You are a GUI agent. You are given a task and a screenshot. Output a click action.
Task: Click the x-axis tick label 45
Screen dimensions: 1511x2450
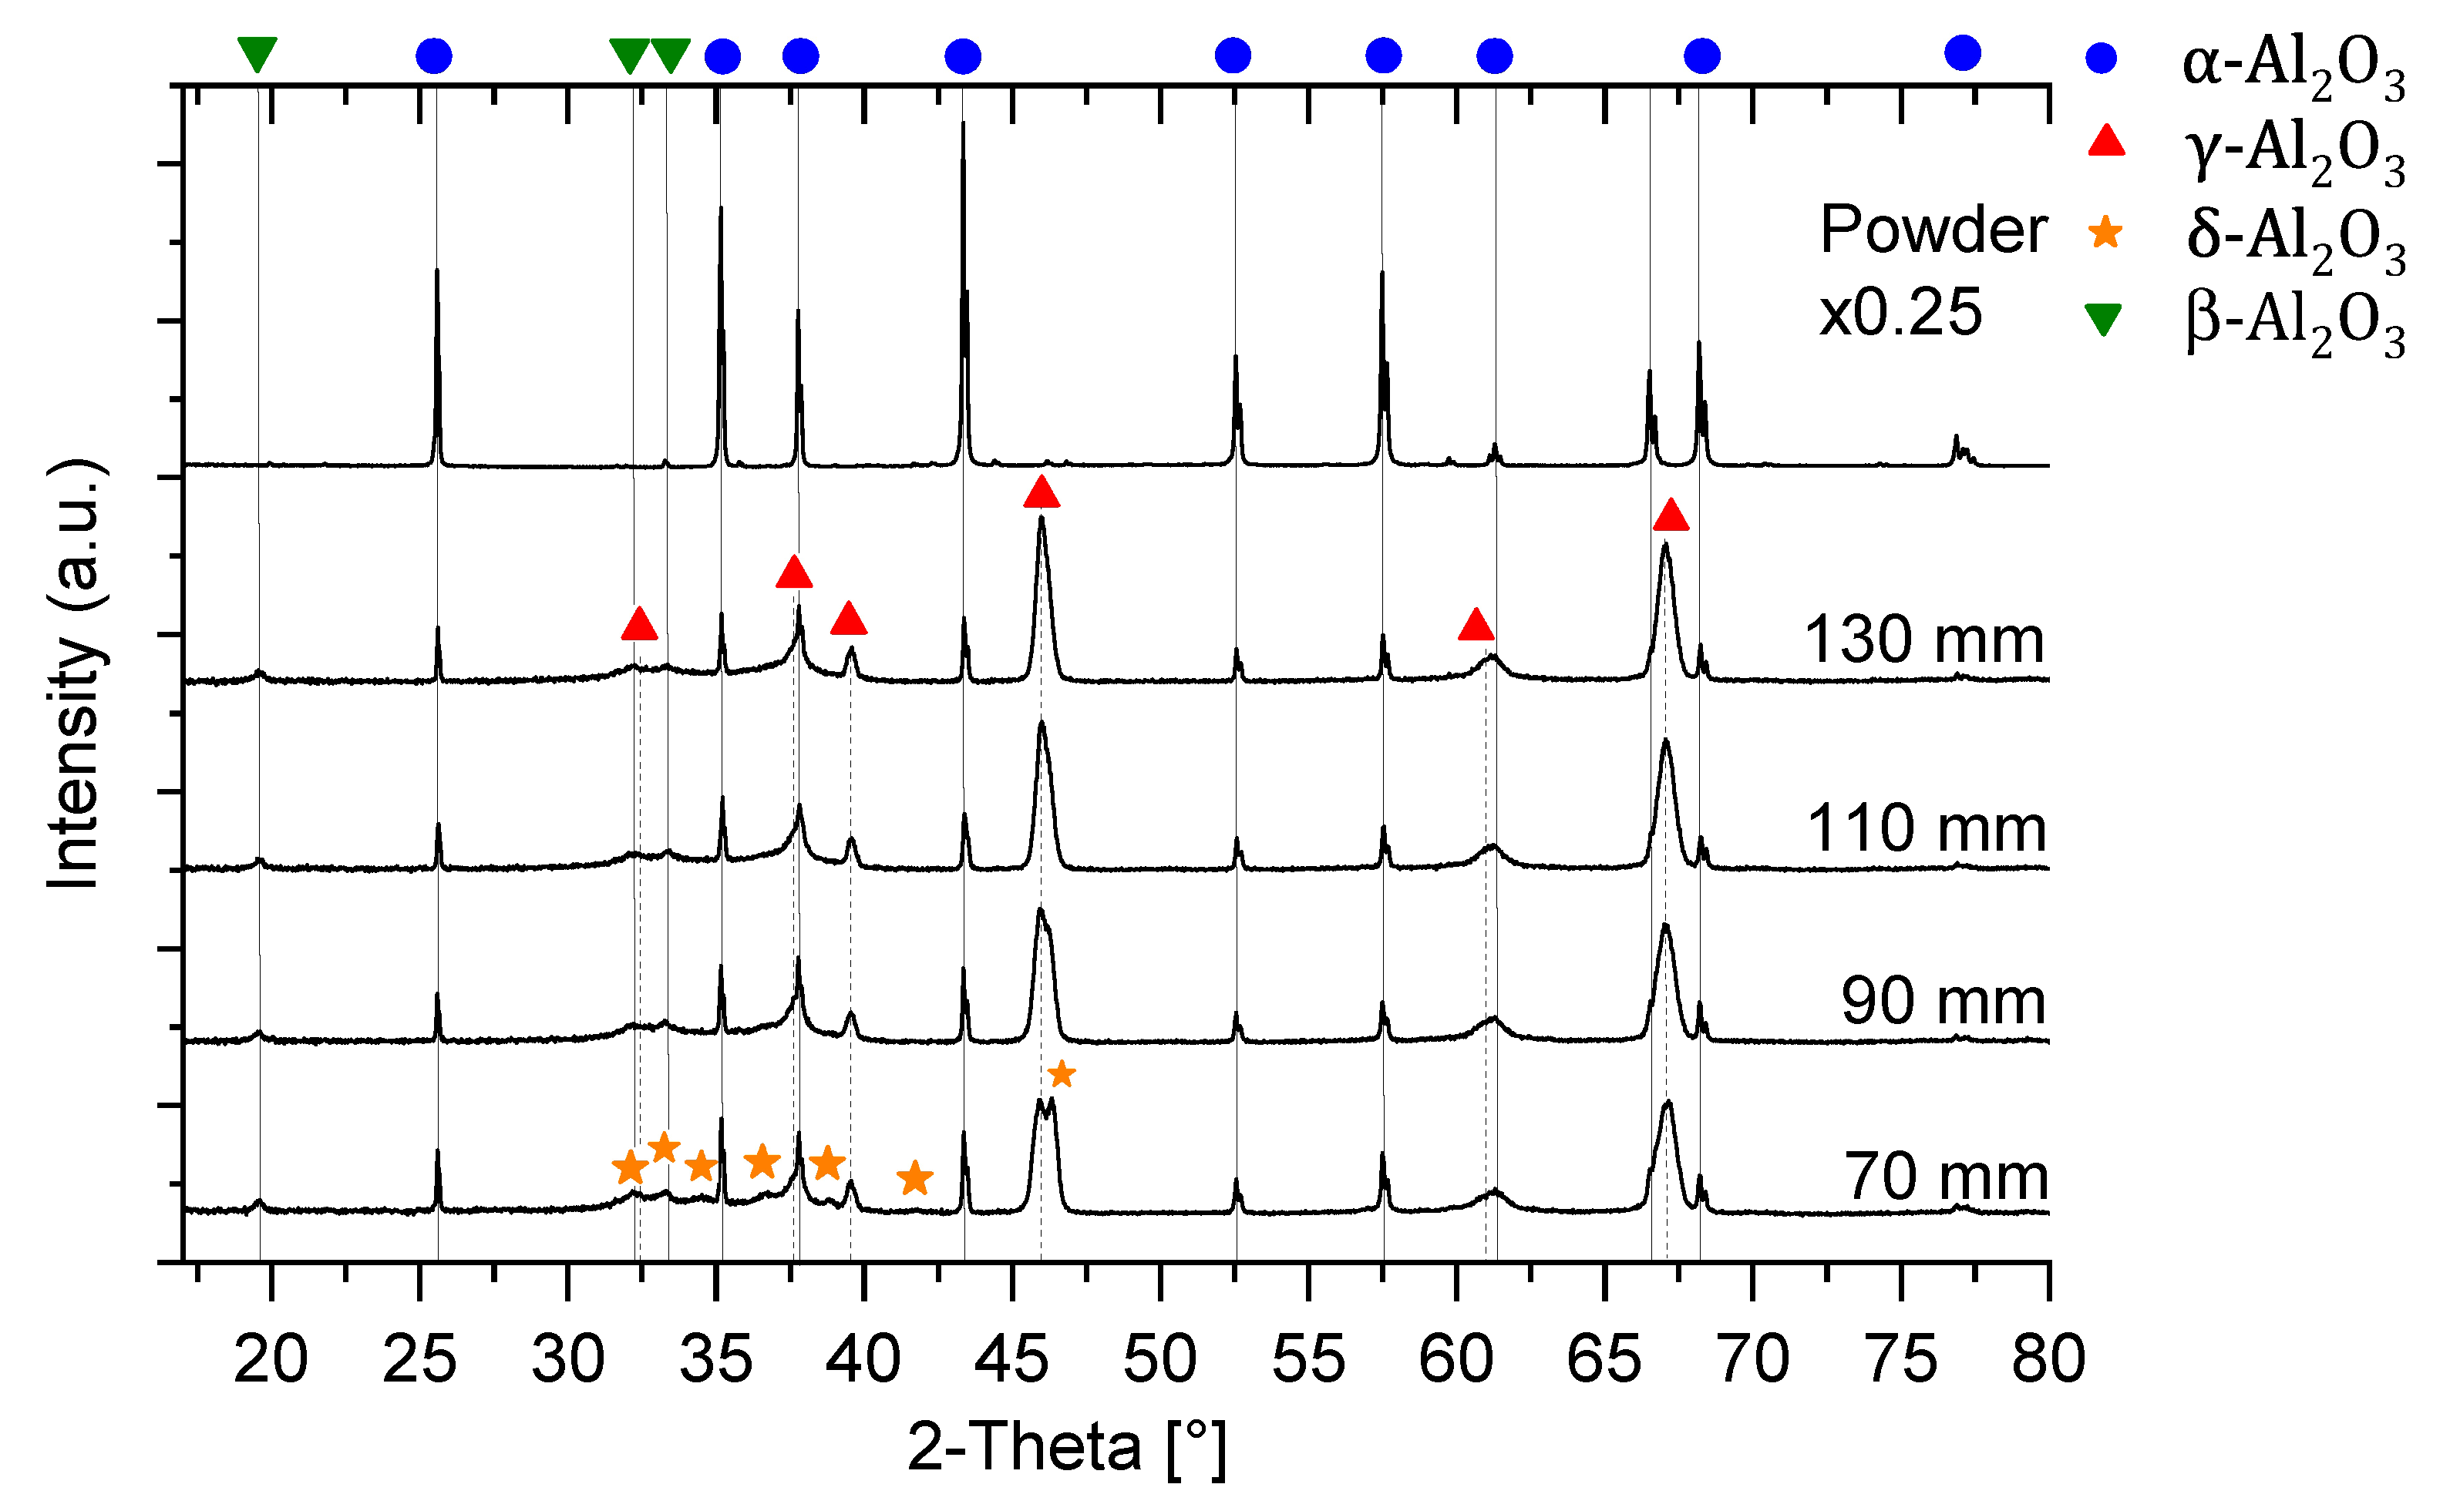pos(1011,1359)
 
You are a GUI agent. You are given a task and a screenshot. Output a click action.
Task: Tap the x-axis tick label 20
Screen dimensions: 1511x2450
pos(271,1359)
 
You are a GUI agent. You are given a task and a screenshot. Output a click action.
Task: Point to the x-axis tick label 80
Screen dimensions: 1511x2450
pos(2048,1359)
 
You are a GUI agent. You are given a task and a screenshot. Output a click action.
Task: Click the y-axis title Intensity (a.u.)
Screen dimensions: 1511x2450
pos(74,673)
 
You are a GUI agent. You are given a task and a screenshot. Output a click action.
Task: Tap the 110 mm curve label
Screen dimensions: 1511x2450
pos(1927,828)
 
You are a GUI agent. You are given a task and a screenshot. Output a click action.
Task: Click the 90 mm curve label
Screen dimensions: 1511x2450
pos(1944,1002)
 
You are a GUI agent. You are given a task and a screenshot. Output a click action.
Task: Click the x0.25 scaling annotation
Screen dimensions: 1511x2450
pos(1900,312)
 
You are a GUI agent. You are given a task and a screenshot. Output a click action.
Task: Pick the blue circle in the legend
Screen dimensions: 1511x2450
pos(2102,57)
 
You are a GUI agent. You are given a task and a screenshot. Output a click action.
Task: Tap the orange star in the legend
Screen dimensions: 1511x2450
pos(2106,233)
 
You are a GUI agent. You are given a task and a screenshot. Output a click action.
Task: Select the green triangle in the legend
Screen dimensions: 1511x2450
pos(2104,320)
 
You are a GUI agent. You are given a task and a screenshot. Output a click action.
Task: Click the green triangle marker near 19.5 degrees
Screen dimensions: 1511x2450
pos(257,53)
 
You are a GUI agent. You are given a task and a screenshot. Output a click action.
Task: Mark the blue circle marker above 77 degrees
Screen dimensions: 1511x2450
pos(1962,53)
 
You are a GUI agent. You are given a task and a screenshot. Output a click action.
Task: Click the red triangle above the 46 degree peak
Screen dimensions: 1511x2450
pos(1041,492)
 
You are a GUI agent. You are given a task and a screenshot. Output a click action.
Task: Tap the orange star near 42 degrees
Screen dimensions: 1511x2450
pos(914,1178)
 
